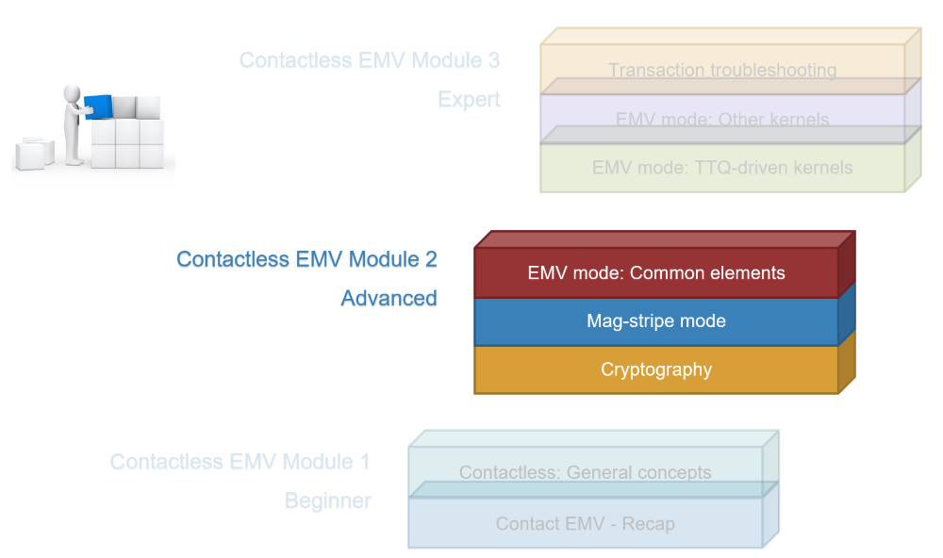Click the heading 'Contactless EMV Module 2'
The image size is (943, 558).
306,259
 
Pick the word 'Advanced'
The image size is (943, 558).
389,298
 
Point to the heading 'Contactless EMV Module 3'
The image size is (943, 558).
370,60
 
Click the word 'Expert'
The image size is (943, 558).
469,99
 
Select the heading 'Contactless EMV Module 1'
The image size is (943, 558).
240,462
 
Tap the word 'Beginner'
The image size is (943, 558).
328,501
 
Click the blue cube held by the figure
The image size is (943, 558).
99,107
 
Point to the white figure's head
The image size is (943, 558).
73,94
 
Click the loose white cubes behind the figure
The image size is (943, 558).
34,154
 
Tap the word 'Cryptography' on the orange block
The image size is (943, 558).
656,369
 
